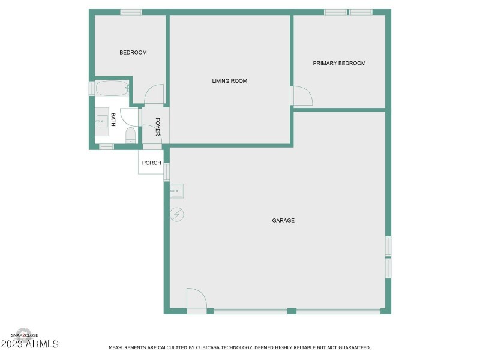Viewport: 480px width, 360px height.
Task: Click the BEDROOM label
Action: click(x=133, y=53)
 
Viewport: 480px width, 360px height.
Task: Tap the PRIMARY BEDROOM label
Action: click(x=339, y=63)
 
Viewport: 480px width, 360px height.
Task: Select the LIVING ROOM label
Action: click(x=230, y=81)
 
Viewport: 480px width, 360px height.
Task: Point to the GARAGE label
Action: click(x=283, y=221)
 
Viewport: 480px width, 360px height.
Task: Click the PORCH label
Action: click(x=151, y=163)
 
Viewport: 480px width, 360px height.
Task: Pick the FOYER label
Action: click(x=158, y=127)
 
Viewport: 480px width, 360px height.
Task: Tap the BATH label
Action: click(x=113, y=119)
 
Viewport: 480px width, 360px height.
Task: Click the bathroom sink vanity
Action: click(x=101, y=121)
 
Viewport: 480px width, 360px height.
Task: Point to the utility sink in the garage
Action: click(x=176, y=191)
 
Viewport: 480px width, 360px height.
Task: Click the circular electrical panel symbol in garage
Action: click(x=177, y=214)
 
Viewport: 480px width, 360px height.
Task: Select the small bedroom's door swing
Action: click(x=154, y=95)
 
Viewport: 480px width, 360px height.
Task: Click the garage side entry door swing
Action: click(x=196, y=299)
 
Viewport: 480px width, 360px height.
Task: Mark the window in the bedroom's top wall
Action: click(x=131, y=12)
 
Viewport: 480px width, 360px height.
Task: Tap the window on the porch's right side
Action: click(x=166, y=172)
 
